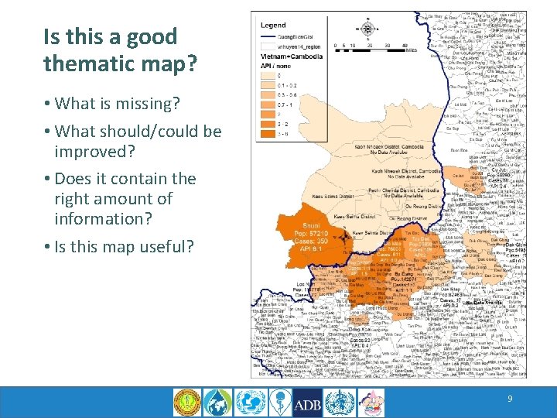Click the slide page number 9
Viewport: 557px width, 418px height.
click(x=510, y=398)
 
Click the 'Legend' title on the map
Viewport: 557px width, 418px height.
click(x=274, y=26)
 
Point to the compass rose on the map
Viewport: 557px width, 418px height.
click(x=367, y=29)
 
